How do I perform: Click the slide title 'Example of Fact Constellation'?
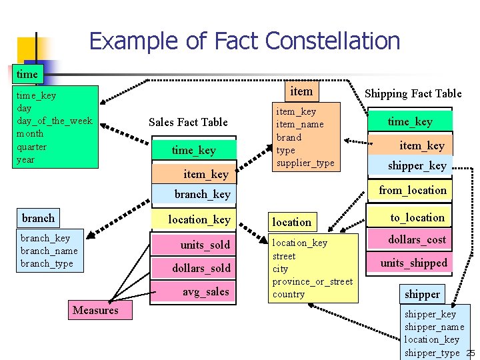244,41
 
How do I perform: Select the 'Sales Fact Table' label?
188,122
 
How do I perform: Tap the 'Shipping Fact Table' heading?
413,93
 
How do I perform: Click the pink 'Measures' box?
95,310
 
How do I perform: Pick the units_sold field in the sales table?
205,245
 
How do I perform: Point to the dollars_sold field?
201,268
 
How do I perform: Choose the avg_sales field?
205,291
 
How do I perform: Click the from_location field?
413,191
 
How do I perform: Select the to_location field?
417,217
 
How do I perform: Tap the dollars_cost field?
417,239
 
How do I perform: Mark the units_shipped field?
413,263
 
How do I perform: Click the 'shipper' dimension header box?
422,294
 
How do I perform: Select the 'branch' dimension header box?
38,218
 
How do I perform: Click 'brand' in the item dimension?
289,137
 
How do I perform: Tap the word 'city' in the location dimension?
280,269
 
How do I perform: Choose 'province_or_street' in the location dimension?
312,281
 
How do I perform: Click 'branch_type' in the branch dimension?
47,263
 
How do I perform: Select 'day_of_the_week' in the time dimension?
54,121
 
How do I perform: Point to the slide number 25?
471,353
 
